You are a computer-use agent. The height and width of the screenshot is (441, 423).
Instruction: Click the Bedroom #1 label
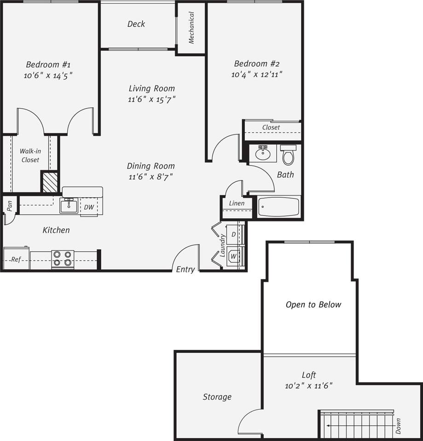[48, 64]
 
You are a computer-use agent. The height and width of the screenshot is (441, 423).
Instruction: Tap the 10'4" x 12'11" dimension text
[256, 74]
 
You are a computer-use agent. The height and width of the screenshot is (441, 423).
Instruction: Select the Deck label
[136, 24]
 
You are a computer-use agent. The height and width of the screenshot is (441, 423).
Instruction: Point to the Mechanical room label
[191, 28]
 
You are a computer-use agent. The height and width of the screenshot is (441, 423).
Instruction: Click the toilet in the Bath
[288, 155]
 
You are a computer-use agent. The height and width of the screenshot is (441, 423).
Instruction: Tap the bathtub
[278, 207]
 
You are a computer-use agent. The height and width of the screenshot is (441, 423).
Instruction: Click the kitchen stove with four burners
[63, 259]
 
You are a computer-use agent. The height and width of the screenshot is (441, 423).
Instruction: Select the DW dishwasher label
[89, 207]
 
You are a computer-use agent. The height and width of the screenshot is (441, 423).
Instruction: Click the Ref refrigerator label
[16, 260]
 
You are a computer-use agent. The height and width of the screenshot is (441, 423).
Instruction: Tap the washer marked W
[234, 256]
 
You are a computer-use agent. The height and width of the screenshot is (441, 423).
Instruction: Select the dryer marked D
[234, 234]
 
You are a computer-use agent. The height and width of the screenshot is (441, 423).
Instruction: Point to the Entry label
[185, 270]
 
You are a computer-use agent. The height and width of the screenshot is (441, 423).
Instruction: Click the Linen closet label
[237, 203]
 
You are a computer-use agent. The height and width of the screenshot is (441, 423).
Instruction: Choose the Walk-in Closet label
[30, 156]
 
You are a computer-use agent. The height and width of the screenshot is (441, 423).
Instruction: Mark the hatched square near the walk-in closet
[50, 182]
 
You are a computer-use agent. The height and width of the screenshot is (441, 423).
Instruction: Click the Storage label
[217, 397]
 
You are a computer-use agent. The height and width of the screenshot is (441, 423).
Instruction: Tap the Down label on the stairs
[398, 426]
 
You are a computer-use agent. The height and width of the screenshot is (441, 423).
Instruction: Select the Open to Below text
[313, 305]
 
